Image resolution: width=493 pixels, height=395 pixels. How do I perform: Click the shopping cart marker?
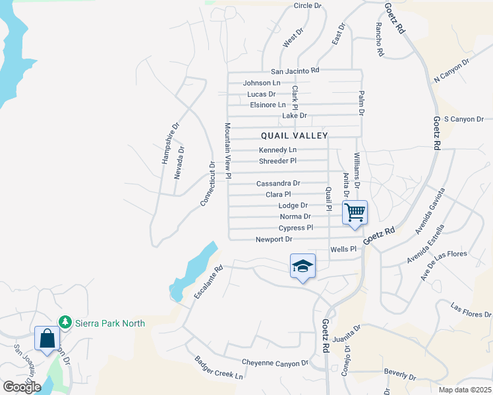click(355, 213)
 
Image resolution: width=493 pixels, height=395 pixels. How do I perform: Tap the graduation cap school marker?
click(303, 266)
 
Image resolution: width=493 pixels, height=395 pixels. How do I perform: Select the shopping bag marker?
click(47, 339)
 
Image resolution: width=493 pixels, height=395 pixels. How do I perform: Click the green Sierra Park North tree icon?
click(65, 323)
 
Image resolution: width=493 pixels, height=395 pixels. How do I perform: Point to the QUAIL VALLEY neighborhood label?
click(294, 136)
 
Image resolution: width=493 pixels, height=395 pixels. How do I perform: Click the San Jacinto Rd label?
click(295, 70)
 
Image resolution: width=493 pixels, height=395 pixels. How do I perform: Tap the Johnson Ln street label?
click(262, 83)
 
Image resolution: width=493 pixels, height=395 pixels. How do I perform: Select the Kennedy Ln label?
click(277, 150)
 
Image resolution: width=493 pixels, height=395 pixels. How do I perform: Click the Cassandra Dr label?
click(278, 183)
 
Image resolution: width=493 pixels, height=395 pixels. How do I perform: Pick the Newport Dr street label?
click(274, 240)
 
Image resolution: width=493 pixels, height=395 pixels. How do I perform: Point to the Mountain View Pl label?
click(227, 151)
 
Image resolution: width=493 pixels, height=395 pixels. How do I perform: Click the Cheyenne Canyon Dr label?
click(275, 363)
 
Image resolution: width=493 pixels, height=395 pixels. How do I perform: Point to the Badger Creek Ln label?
click(218, 368)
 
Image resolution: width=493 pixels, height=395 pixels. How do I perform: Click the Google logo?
click(22, 387)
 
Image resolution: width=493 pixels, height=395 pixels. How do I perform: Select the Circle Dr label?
click(307, 6)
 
